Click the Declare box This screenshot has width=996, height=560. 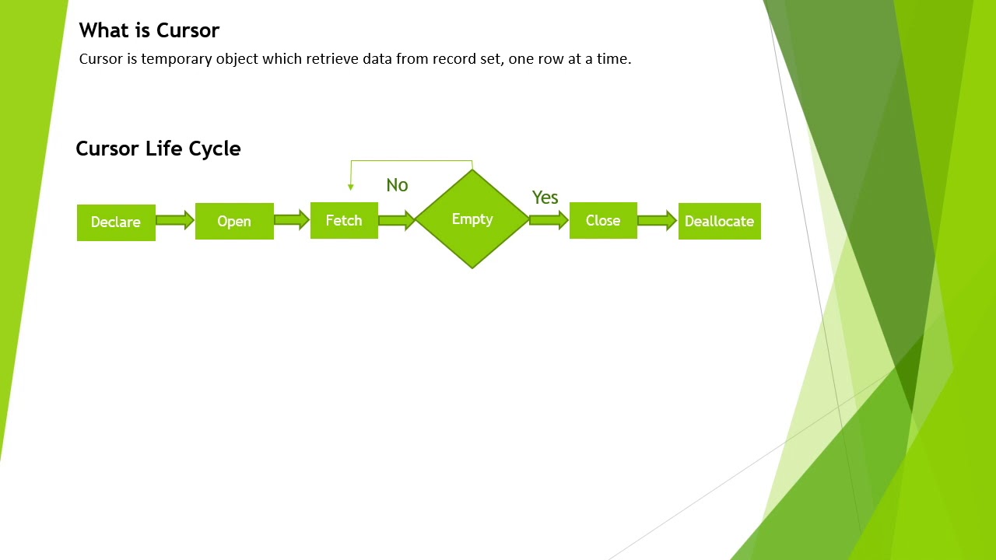tap(116, 222)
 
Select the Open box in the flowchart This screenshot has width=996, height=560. tap(234, 222)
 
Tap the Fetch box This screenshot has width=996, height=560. tap(344, 221)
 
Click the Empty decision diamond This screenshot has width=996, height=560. tap(472, 219)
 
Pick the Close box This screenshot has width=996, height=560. tap(603, 221)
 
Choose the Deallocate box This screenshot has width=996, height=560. tap(719, 222)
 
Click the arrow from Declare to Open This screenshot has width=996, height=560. tap(175, 221)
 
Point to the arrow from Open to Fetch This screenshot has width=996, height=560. tap(292, 220)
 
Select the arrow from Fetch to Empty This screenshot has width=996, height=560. tap(397, 221)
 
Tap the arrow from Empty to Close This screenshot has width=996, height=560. tap(549, 221)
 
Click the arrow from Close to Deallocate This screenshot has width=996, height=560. tap(658, 221)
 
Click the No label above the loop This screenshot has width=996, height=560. tap(397, 185)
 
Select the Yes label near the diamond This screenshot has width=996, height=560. tap(545, 198)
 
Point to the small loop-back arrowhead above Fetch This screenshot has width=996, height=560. tap(351, 187)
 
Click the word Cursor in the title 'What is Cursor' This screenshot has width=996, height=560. tap(188, 30)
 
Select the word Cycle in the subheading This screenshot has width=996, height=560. tap(214, 149)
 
